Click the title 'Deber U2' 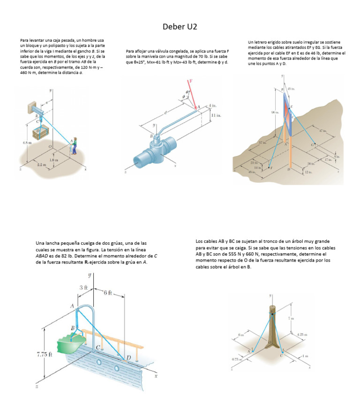[x=180, y=27]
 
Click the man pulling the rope [x=73, y=145]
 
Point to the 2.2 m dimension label [x=41, y=165]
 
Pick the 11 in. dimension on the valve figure [x=216, y=115]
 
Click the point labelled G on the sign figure [x=313, y=145]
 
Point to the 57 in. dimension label [x=262, y=142]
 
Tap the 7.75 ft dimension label [x=44, y=354]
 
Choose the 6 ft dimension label [x=108, y=293]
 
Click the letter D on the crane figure [x=128, y=358]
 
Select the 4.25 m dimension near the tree [x=302, y=334]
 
